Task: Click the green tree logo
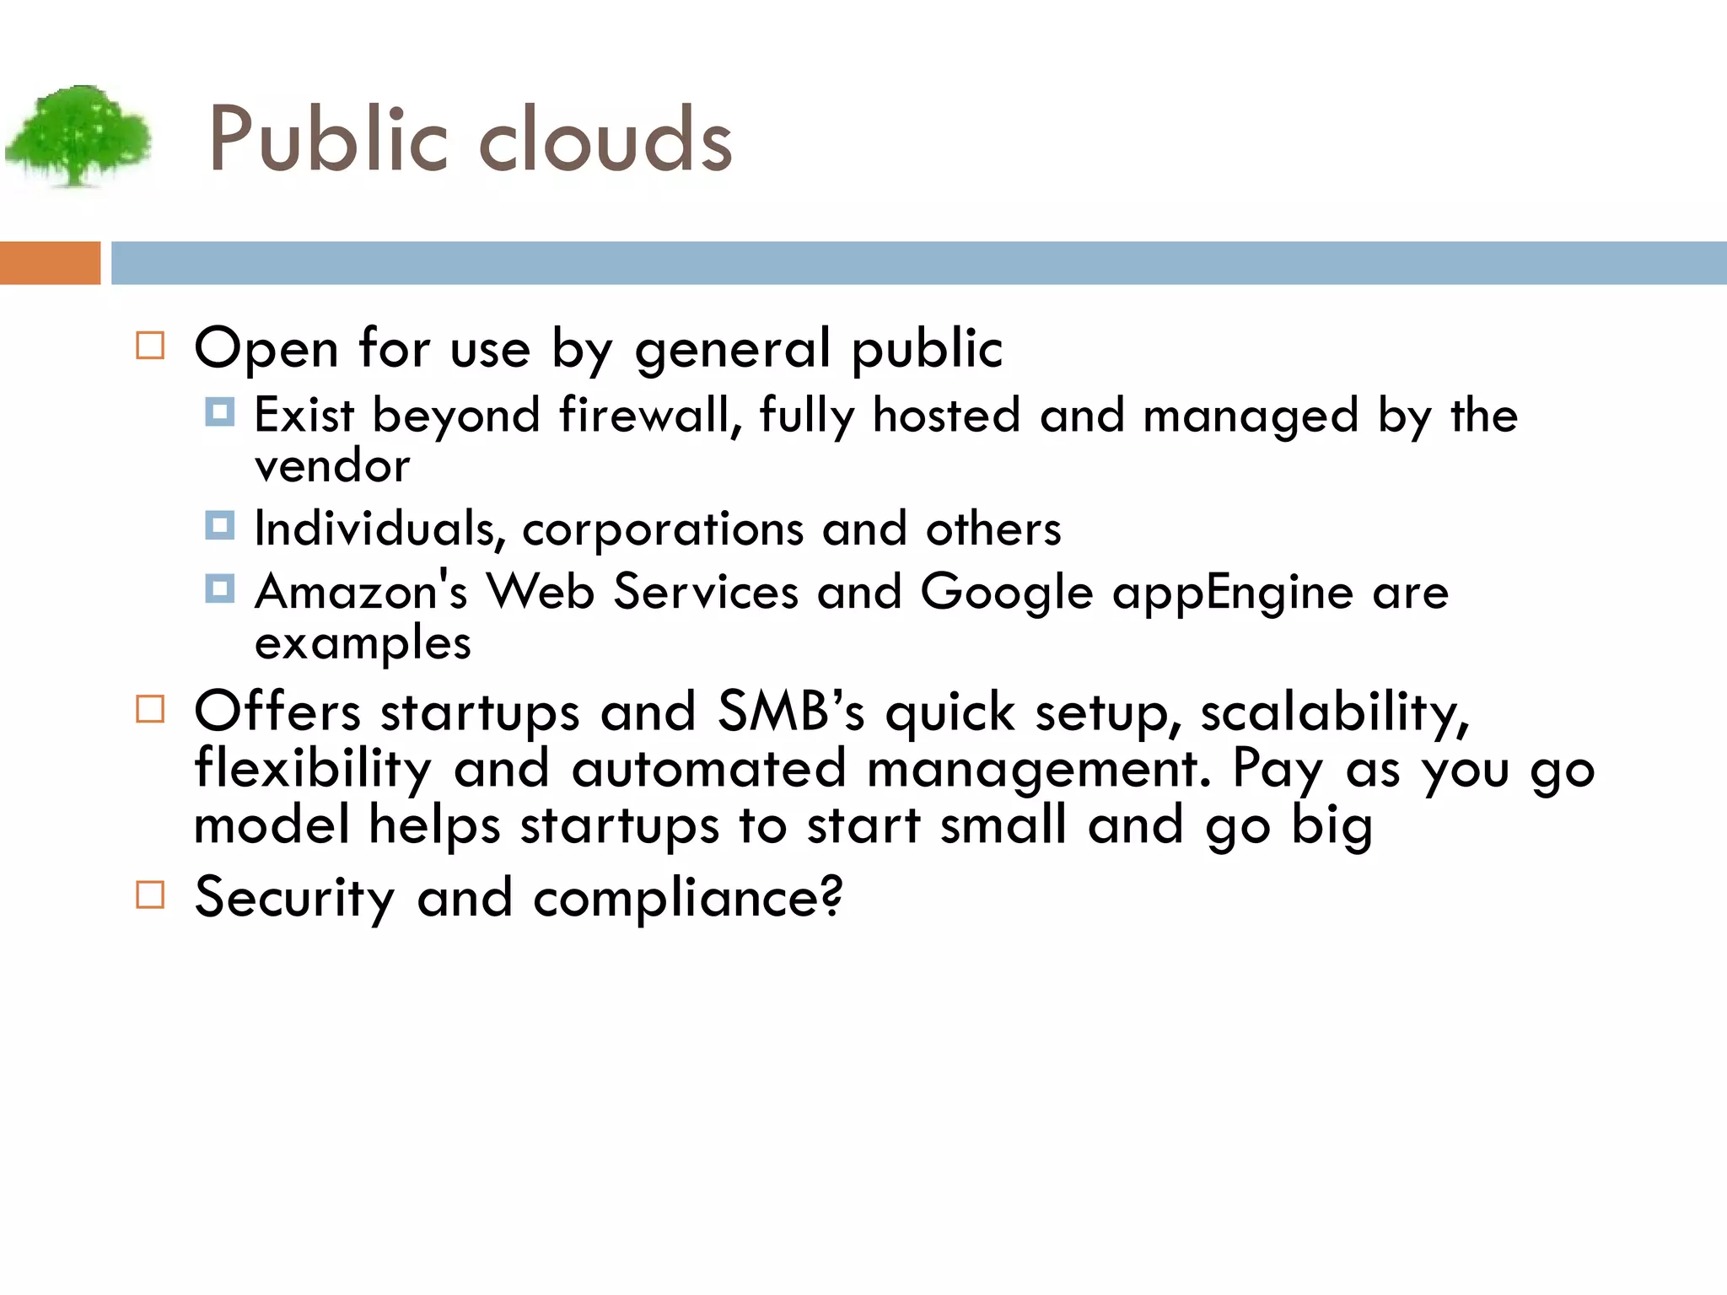click(x=78, y=135)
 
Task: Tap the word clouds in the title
click(x=605, y=140)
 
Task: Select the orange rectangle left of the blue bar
click(x=50, y=263)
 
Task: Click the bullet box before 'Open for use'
click(x=150, y=346)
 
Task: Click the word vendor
click(x=332, y=466)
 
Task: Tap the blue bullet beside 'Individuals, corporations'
click(x=220, y=526)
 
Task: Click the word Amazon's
click(x=361, y=591)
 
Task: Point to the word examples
click(x=363, y=644)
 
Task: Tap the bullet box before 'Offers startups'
click(x=150, y=709)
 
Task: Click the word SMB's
click(x=791, y=711)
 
